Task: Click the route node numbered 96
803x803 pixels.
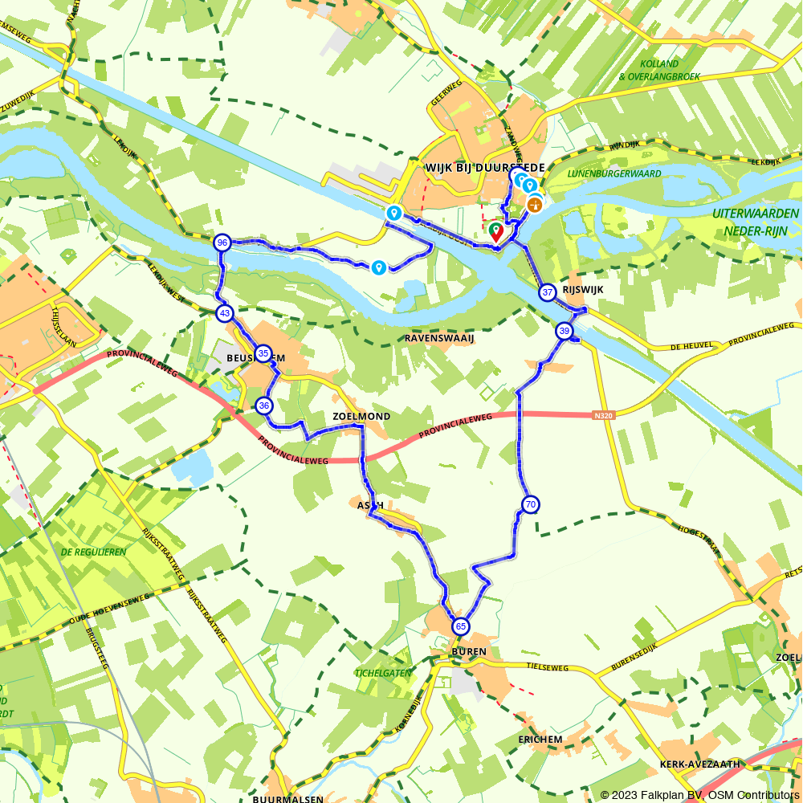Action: (222, 243)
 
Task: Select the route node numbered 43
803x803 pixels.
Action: (224, 313)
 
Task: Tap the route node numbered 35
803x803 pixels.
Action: (263, 353)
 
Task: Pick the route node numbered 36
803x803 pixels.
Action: (264, 406)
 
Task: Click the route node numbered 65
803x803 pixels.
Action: (460, 626)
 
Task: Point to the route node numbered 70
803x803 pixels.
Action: (530, 504)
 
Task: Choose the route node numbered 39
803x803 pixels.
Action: (564, 331)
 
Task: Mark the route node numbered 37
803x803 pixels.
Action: (548, 292)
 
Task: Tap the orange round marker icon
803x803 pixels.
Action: (534, 205)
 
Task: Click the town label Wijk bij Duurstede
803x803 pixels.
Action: (484, 167)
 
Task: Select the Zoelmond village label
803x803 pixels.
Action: (361, 417)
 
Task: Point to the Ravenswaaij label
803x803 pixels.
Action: (439, 338)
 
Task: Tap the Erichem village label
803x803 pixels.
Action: (540, 739)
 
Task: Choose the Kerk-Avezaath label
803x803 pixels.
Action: (699, 764)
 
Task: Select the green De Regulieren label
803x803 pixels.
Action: (93, 552)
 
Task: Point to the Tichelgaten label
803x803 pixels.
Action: (383, 673)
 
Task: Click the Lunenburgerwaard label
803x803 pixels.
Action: (614, 173)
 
